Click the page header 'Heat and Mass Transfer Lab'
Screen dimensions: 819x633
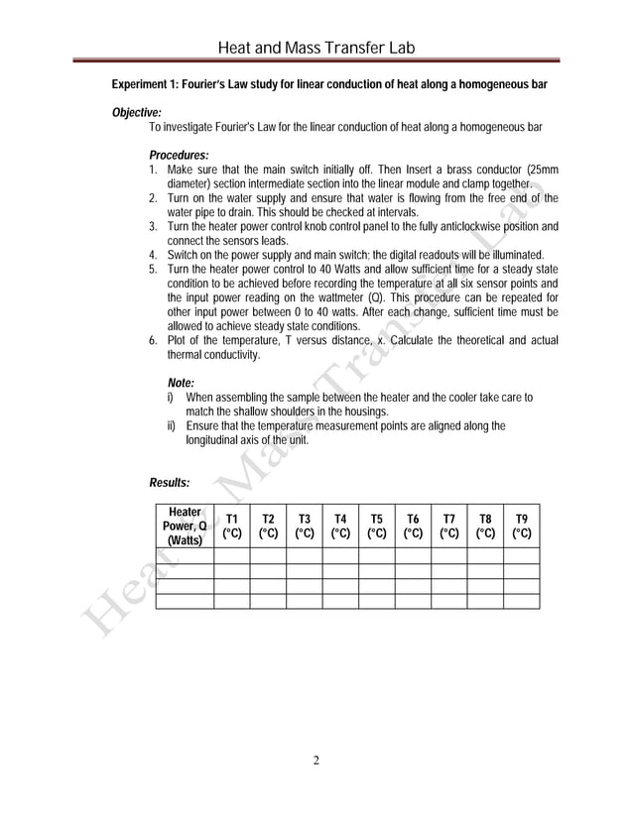[316, 48]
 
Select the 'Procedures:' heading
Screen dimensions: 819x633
[179, 155]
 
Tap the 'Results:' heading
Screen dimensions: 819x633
[169, 483]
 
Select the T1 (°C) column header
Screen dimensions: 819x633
[231, 526]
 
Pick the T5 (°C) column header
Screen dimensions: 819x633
[376, 526]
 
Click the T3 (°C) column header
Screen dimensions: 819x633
[304, 526]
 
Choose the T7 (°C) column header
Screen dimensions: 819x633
[448, 526]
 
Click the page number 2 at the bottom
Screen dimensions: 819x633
[316, 761]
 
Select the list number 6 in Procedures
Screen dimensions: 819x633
[152, 340]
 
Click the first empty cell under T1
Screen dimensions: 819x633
[231, 555]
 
